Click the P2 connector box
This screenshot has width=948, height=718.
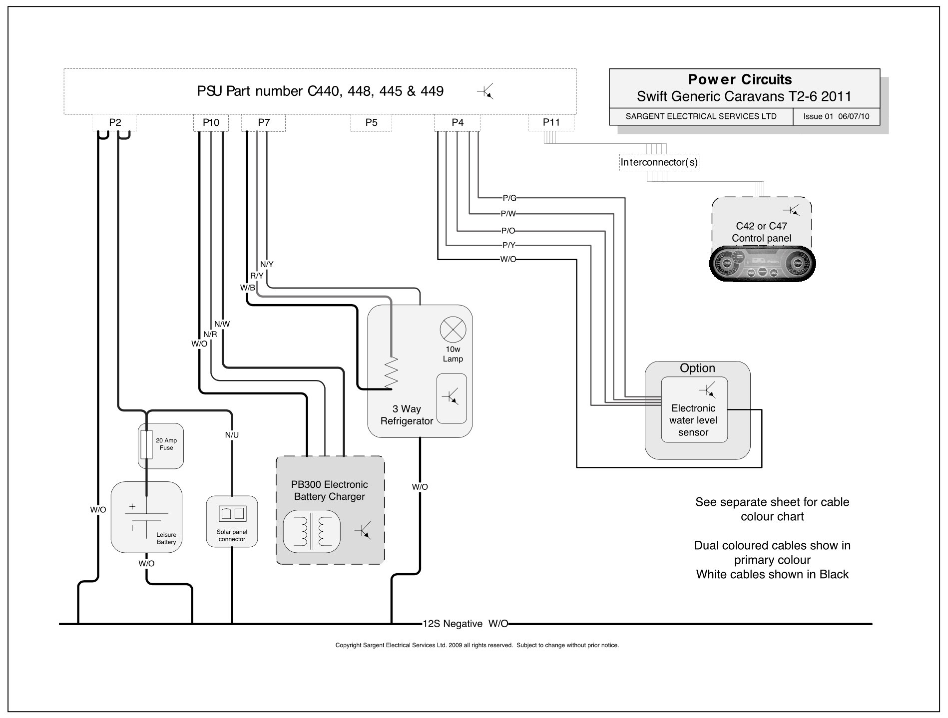pos(115,123)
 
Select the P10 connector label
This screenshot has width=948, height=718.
pos(211,123)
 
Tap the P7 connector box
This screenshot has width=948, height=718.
pos(264,123)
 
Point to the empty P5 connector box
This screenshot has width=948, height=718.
pos(371,123)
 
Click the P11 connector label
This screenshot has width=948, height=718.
pos(551,123)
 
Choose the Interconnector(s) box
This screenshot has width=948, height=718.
pos(659,163)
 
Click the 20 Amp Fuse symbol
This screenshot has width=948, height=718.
pos(146,445)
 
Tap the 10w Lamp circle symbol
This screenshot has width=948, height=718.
pos(453,330)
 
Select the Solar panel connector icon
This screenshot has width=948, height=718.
pos(232,513)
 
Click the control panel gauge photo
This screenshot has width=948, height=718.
pos(762,264)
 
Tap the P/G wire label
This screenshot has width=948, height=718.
pos(509,198)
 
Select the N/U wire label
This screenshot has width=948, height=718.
pos(232,435)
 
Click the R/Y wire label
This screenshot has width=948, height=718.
pos(257,276)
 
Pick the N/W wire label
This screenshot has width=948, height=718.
pos(222,324)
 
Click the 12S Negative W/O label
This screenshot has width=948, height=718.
pos(465,624)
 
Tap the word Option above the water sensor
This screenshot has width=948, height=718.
pos(697,368)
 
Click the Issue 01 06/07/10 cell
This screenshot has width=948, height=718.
pos(836,117)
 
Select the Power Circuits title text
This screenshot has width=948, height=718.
pos(740,79)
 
